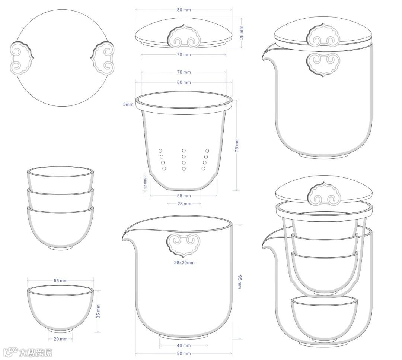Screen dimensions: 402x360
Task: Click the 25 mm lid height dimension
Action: [242, 33]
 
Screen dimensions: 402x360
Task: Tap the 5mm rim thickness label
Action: [128, 104]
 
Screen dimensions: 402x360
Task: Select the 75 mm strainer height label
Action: [237, 145]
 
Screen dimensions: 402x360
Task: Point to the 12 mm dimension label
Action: [146, 183]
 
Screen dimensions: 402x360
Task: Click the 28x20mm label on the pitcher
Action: [184, 262]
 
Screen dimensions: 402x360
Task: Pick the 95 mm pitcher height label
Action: [240, 282]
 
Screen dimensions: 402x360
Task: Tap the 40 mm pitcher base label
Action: [184, 345]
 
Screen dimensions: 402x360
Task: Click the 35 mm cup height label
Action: [98, 311]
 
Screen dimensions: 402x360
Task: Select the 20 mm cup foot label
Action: [61, 339]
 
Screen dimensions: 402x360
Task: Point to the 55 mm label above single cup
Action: [61, 280]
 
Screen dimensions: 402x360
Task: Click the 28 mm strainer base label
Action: [184, 203]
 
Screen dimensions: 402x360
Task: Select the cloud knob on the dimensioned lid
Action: [184, 36]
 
